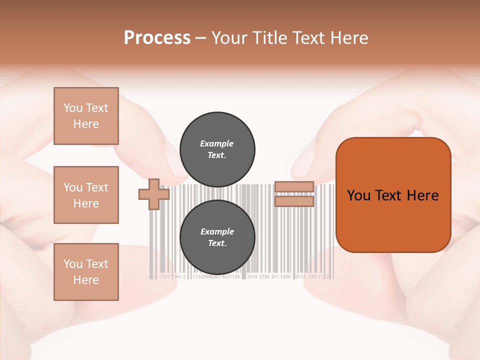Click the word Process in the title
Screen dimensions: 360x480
157,38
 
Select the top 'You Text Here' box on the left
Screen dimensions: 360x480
86,116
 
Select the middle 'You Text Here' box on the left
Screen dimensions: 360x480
86,195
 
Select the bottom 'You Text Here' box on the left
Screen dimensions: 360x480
86,271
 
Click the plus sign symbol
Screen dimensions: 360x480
154,194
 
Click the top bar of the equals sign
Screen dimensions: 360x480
294,186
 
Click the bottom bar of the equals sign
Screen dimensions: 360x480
294,201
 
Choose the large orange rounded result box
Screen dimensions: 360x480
393,195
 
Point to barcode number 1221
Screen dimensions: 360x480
165,276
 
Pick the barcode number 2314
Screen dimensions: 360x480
252,276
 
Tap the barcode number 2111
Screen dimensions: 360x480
300,276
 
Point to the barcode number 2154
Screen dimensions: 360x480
264,276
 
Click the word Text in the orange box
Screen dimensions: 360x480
390,195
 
